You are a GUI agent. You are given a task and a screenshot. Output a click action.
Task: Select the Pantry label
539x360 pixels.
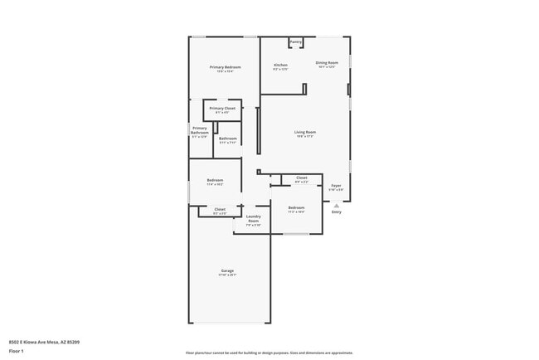tap(296, 41)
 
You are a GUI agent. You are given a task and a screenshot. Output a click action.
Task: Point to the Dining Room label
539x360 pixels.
tap(327, 63)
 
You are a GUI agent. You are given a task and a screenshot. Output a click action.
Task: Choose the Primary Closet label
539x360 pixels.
tap(222, 109)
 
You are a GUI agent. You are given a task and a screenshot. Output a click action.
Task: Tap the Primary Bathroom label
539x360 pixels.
tap(200, 131)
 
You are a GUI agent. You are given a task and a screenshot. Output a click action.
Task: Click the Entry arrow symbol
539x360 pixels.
tap(336, 205)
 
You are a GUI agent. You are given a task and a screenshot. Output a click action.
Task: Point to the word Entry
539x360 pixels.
tap(336, 212)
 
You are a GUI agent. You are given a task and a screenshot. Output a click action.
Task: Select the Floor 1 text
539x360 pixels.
tap(16, 351)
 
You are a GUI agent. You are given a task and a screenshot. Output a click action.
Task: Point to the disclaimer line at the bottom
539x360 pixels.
tap(269, 352)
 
